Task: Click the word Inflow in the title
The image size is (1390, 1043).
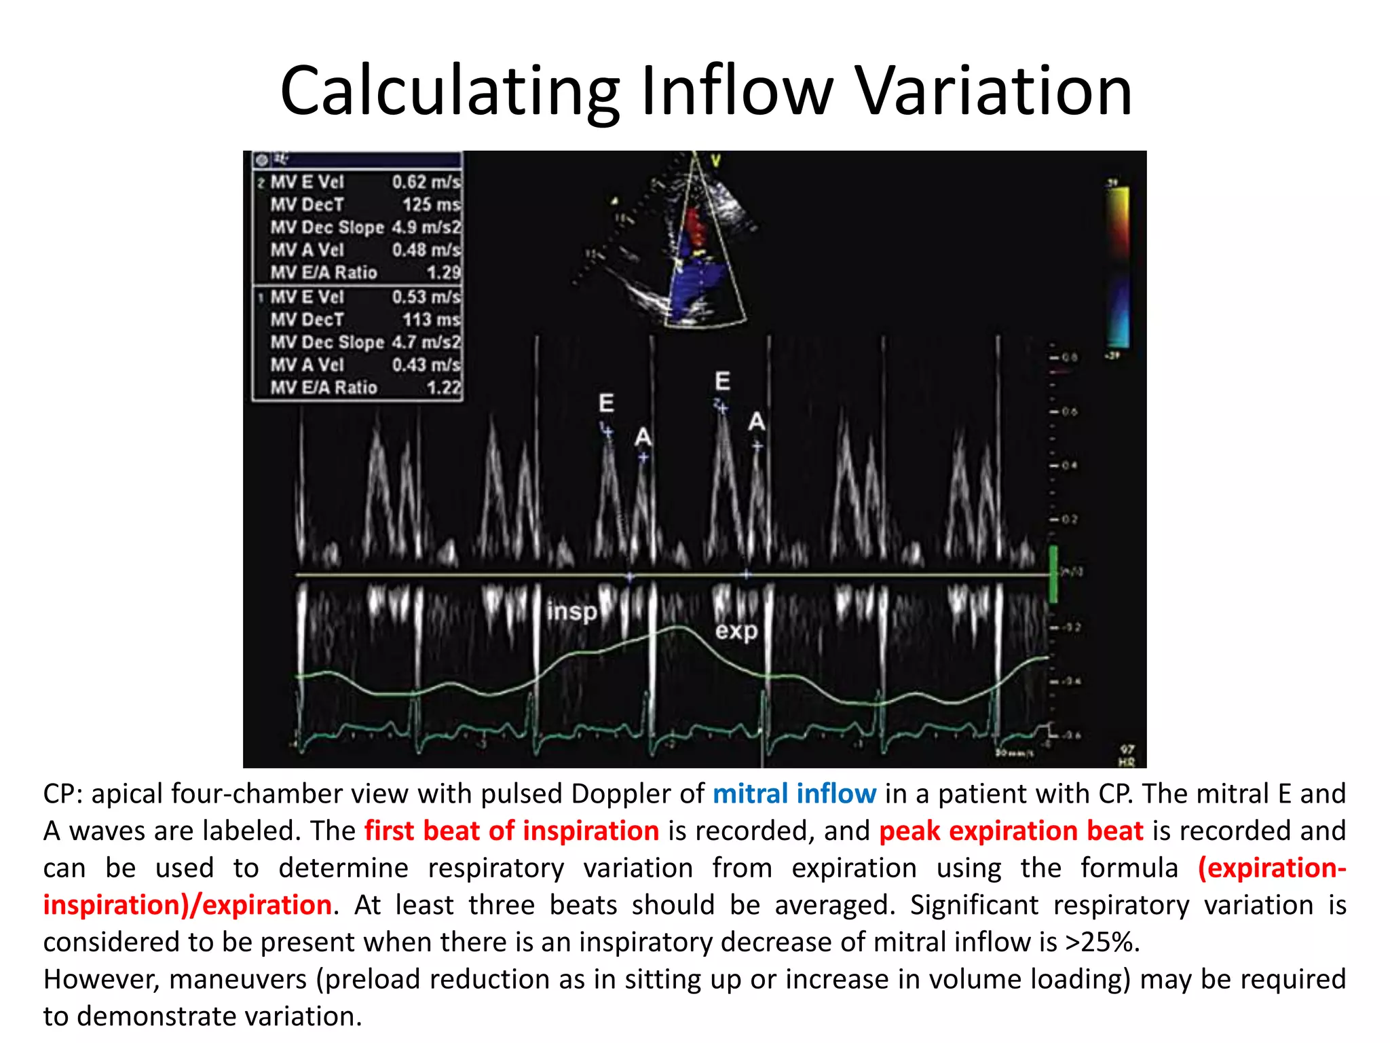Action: coord(736,90)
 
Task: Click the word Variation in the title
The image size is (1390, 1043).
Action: coord(992,90)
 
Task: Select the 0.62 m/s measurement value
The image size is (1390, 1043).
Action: coord(426,182)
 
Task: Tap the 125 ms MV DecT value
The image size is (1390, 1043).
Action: coord(431,204)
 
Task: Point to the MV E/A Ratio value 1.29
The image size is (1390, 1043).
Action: coord(443,273)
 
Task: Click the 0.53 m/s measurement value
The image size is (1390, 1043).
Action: coord(426,297)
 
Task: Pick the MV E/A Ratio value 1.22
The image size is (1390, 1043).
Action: coord(443,388)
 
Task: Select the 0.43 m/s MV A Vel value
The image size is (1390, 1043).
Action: coord(426,365)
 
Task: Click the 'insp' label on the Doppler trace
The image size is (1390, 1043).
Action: coord(571,611)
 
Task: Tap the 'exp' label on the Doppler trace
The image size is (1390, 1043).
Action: coord(736,632)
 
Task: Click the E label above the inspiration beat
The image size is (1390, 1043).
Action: coord(606,403)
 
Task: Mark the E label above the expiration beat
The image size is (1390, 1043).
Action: coord(722,381)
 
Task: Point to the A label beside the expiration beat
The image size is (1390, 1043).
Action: coord(756,422)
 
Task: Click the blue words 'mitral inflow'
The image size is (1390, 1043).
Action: coord(794,794)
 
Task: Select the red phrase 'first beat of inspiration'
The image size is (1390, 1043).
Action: coord(511,830)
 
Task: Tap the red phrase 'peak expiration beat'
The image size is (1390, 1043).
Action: coord(1011,830)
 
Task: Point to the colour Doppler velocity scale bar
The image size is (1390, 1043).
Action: coord(1118,268)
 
